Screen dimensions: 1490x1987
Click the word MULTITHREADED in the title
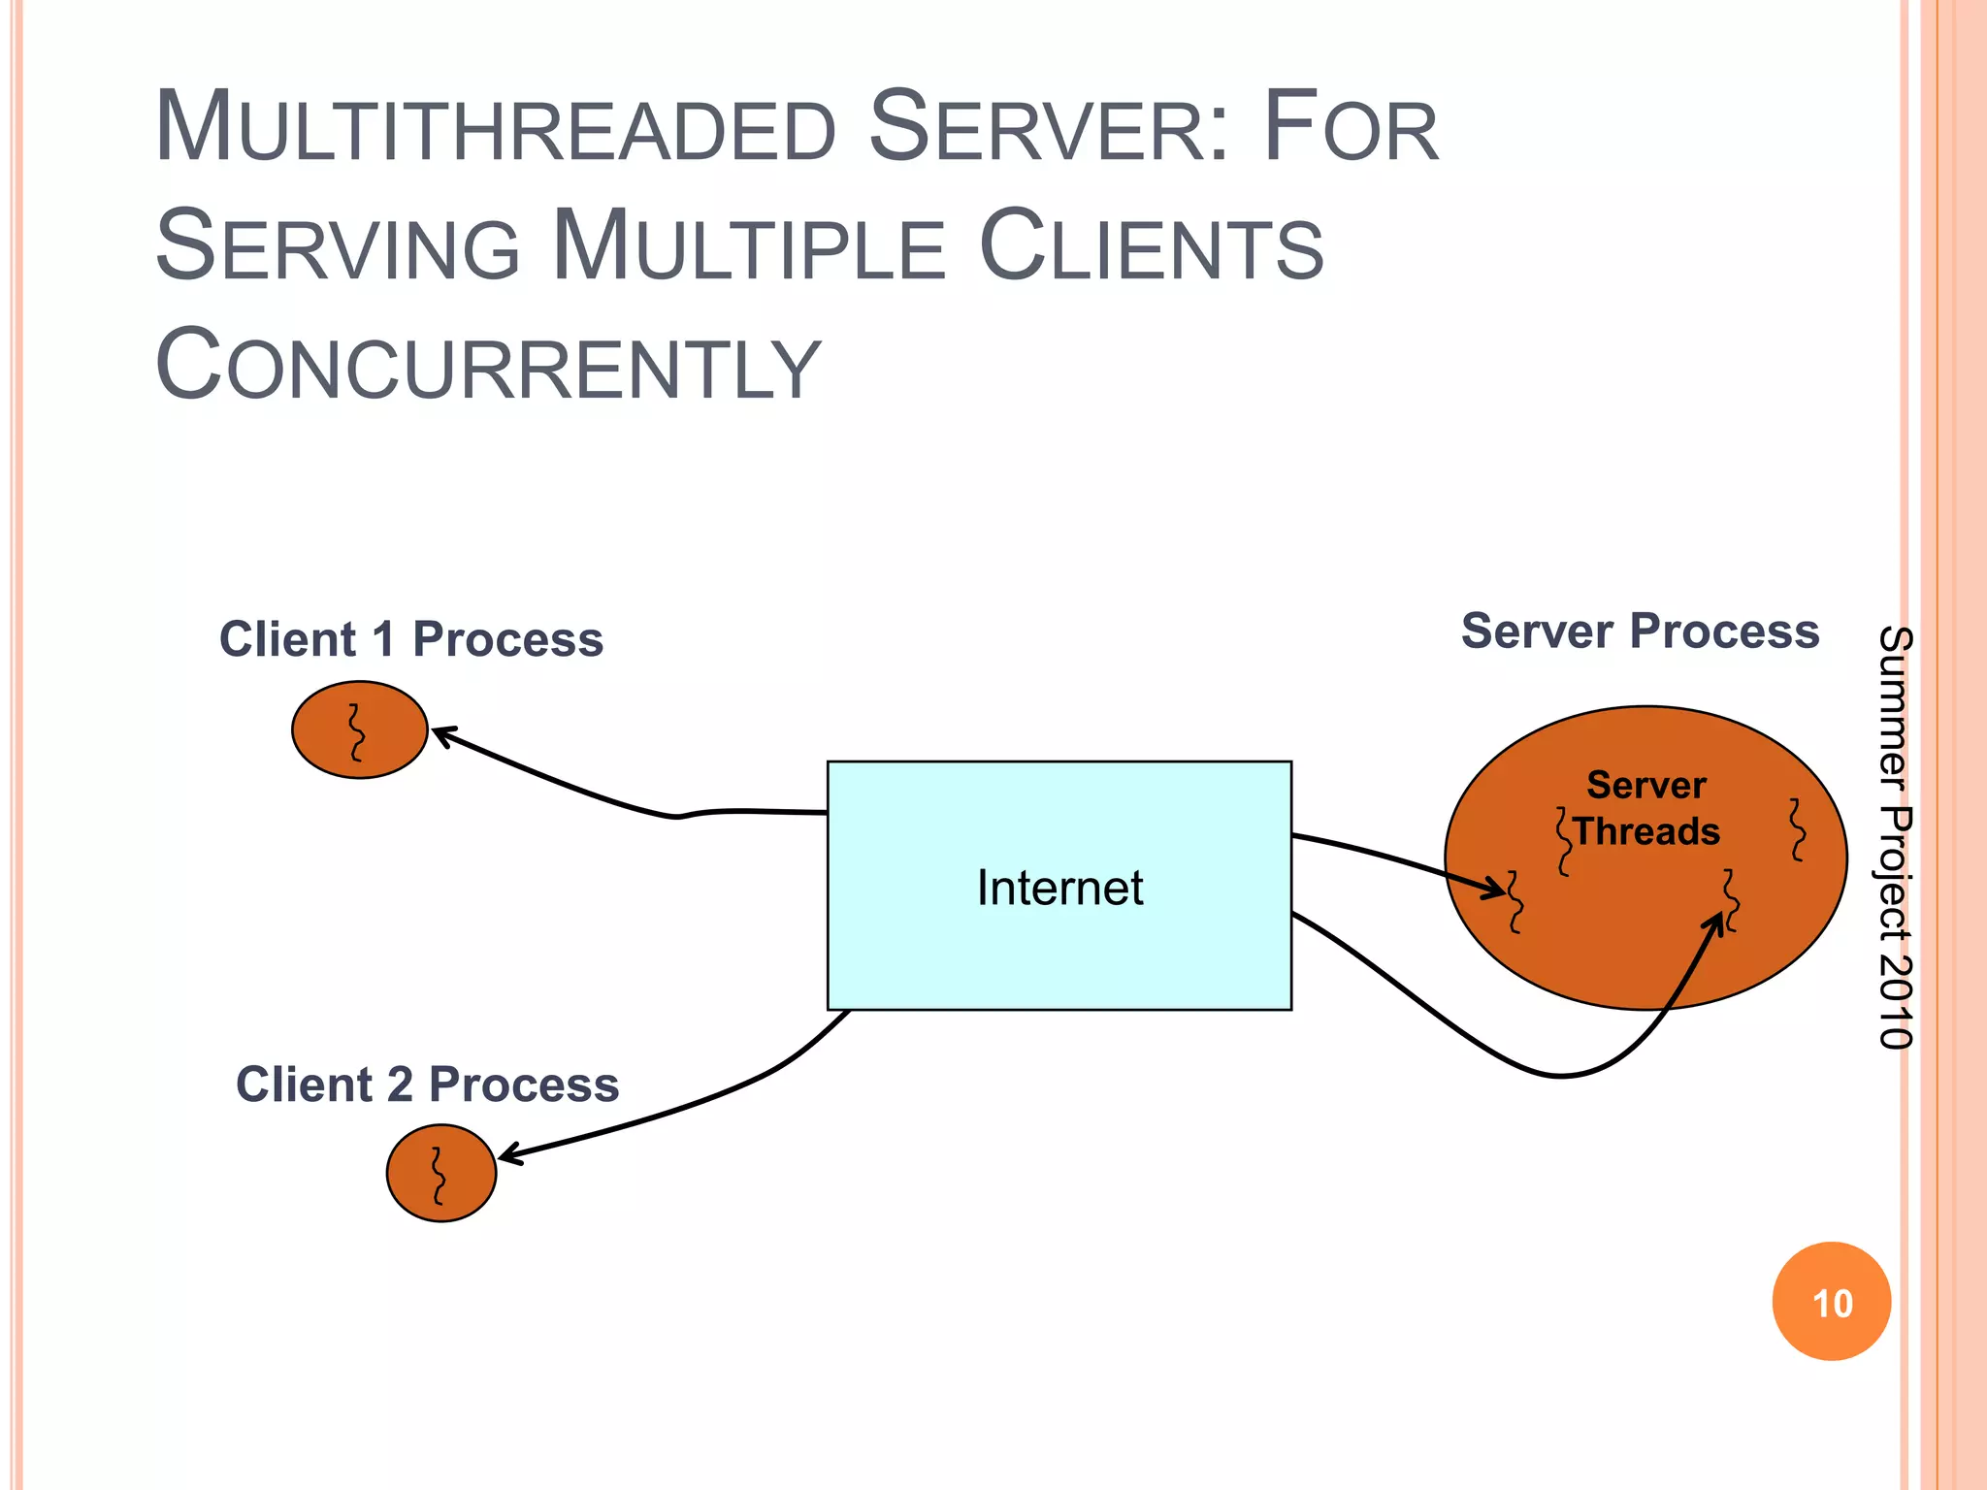[495, 129]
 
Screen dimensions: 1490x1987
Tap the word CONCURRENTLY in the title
[488, 367]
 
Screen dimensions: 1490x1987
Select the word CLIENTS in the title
[1151, 248]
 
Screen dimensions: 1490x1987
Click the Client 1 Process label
[411, 639]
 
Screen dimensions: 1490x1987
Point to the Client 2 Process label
[427, 1085]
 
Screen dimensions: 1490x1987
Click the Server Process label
[1640, 632]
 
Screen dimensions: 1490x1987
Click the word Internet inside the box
[1059, 888]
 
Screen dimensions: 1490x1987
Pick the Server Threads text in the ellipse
[1646, 808]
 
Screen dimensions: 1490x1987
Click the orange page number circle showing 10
[1831, 1302]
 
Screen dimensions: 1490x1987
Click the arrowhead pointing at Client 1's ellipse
[440, 733]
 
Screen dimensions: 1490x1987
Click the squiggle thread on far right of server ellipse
[1798, 829]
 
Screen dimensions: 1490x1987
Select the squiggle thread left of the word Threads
[1563, 841]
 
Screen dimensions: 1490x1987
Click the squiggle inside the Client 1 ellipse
[357, 732]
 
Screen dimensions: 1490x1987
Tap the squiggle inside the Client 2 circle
[439, 1176]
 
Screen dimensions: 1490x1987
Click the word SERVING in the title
[338, 248]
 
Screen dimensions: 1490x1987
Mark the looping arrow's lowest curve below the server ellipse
[1561, 1075]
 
